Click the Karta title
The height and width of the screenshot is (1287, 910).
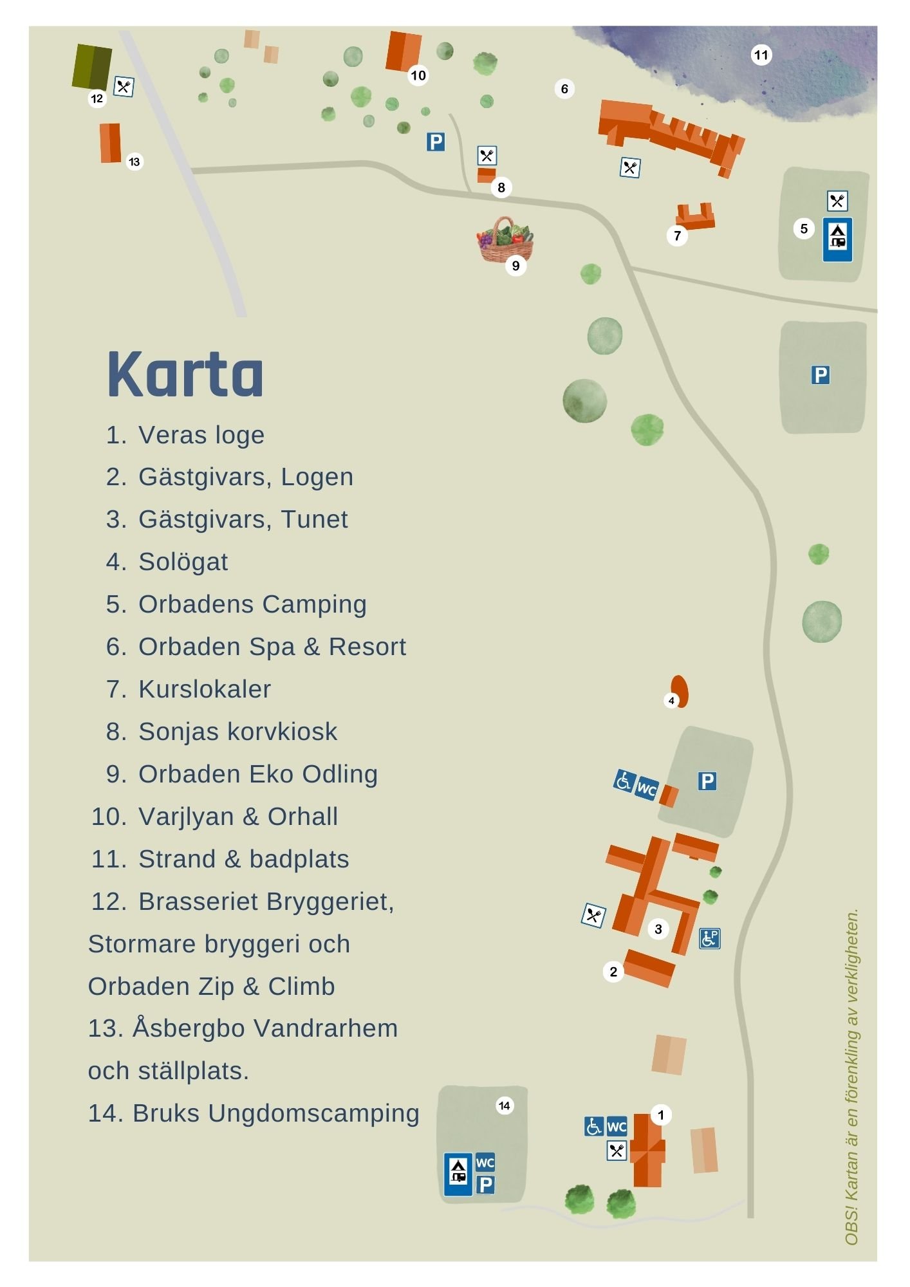point(185,375)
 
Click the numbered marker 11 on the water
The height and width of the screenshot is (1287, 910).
point(761,55)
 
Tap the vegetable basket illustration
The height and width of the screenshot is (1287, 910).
point(505,241)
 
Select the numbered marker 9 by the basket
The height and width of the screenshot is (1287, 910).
point(515,266)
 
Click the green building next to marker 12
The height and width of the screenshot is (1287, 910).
point(91,66)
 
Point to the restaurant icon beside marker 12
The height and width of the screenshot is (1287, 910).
point(124,86)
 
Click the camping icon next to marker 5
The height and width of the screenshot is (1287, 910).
point(837,239)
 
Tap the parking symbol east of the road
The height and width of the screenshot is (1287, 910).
point(820,375)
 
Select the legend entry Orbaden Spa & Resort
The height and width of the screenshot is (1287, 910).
point(272,647)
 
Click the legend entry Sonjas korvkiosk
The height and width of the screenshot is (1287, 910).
point(237,732)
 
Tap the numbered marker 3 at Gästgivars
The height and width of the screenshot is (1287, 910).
point(658,929)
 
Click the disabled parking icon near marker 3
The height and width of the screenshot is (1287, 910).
point(709,939)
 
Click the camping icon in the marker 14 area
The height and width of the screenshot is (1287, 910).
point(458,1174)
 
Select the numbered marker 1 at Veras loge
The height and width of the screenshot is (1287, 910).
point(660,1115)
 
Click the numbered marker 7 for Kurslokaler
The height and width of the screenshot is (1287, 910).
point(677,236)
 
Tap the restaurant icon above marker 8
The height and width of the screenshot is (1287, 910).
point(487,155)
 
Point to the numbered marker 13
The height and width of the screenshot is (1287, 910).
point(134,162)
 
